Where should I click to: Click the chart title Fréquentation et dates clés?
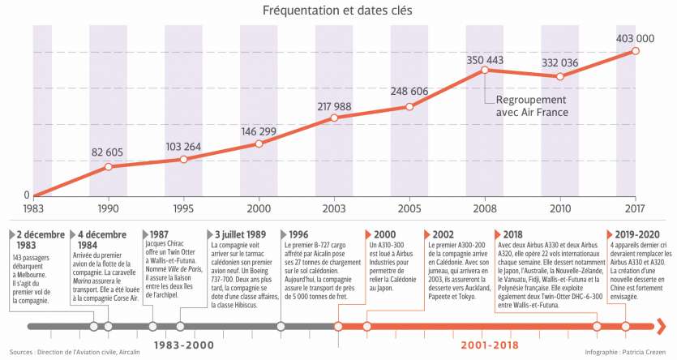(x=337, y=11)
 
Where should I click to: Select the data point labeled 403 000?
(x=636, y=51)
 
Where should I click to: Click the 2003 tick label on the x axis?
(x=334, y=208)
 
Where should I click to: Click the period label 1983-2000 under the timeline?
(x=185, y=344)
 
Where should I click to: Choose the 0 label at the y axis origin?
(x=26, y=195)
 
